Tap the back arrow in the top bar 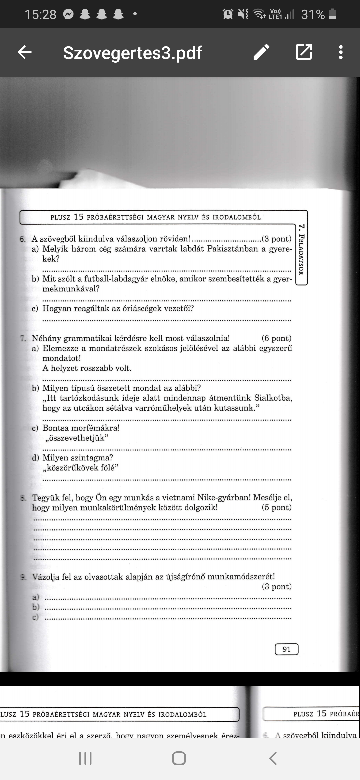(x=25, y=52)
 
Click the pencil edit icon (x=261, y=52)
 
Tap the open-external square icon (x=304, y=52)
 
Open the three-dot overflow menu (x=340, y=52)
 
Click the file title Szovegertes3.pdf (x=132, y=52)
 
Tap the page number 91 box (x=286, y=649)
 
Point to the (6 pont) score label (x=276, y=338)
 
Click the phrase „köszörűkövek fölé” (x=80, y=468)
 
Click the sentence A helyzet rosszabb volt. (x=87, y=368)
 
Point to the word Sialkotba (x=273, y=398)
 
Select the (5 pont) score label (x=276, y=507)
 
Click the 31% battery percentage (x=313, y=14)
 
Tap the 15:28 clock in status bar (x=40, y=14)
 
